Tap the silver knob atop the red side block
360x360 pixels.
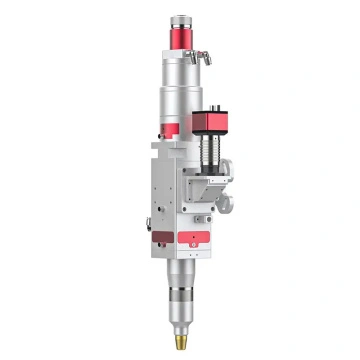coord(215,102)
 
